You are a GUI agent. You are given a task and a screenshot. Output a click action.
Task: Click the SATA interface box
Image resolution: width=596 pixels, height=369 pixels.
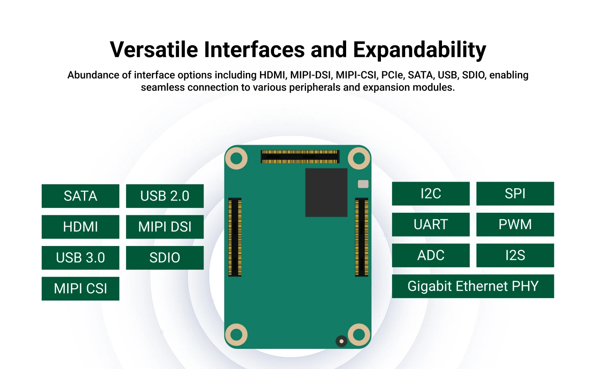pos(80,196)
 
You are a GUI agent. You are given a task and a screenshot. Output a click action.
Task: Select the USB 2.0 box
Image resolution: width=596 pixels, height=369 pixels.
pos(165,196)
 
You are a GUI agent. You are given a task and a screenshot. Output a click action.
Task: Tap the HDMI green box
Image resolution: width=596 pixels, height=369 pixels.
pos(80,227)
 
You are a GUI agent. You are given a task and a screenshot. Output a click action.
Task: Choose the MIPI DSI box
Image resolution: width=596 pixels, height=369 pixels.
pos(165,227)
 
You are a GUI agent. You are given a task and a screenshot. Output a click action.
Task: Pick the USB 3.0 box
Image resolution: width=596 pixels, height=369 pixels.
pos(80,258)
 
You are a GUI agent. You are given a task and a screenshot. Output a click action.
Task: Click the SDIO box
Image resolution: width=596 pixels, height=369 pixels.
pos(165,258)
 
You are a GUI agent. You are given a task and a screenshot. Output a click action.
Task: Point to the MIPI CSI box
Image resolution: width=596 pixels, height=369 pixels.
pos(80,289)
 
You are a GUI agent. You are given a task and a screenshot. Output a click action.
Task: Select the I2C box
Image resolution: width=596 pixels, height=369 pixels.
pos(431,194)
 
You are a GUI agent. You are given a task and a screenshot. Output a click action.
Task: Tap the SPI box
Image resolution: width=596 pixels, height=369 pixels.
pos(515,194)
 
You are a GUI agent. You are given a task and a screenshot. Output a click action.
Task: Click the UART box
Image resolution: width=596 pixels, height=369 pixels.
pos(431,224)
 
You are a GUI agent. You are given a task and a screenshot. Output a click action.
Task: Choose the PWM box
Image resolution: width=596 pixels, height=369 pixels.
pos(515,224)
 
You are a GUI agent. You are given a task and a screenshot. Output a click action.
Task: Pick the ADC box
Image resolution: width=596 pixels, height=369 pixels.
pos(431,255)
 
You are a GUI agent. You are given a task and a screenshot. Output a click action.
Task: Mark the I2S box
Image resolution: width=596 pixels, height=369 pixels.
pos(515,255)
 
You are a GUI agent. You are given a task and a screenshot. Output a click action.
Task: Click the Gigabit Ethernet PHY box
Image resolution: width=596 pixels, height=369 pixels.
pos(473,286)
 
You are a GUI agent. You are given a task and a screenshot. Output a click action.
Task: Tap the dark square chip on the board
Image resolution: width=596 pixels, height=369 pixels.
pos(326,192)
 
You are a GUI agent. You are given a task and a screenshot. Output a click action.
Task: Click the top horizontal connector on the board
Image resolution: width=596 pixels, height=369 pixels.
pos(300,157)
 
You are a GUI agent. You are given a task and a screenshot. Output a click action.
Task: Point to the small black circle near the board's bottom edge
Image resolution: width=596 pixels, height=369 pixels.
pos(341,341)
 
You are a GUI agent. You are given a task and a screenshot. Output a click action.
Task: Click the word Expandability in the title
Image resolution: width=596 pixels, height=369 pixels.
pos(419,50)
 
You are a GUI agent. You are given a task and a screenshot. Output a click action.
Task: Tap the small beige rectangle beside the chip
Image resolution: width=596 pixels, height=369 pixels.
pos(363,184)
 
